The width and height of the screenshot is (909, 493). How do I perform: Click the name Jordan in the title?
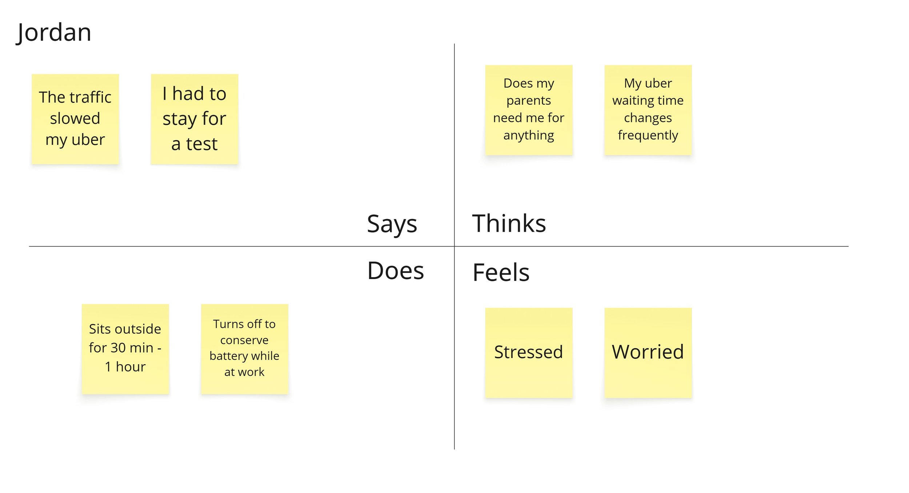pos(54,33)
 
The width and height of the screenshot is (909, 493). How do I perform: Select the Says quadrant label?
pos(392,224)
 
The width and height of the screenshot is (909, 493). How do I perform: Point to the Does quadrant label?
pos(396,271)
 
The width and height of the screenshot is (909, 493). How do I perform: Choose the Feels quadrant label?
pos(501,272)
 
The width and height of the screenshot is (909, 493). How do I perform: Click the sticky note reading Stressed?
pos(529,353)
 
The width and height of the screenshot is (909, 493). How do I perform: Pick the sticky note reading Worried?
pos(648,353)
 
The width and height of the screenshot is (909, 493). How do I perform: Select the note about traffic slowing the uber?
pos(75,119)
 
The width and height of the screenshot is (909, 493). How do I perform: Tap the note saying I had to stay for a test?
pos(195,119)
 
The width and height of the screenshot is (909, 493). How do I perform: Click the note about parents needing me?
pos(529,110)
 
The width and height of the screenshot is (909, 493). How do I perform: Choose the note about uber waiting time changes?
pos(648,110)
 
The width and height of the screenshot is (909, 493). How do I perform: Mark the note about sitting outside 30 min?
pos(125,349)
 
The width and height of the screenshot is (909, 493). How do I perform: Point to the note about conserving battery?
pos(245,349)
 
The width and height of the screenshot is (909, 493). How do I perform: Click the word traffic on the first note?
pos(91,97)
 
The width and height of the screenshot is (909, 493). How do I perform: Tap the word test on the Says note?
pos(201,144)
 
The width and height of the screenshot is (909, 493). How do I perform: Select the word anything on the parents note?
pos(529,136)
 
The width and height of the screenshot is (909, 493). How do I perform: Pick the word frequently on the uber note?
pos(648,136)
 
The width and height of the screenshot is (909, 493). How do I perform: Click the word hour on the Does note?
pos(131,367)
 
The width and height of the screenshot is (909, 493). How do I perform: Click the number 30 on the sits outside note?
pos(118,348)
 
